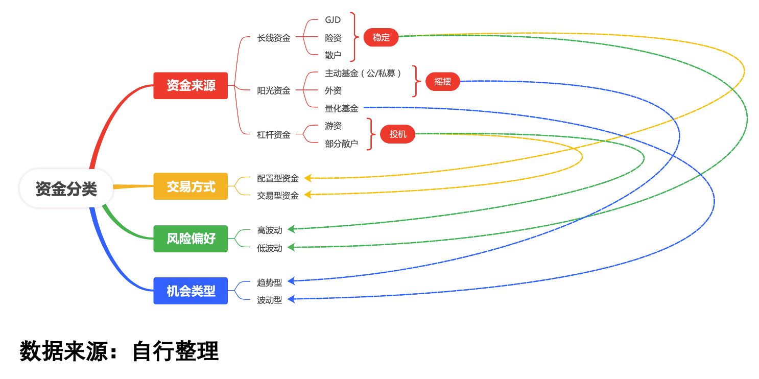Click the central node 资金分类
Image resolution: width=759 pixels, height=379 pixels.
[66, 188]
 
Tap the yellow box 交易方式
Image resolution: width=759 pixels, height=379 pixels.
[191, 186]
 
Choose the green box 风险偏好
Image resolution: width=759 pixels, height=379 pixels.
[191, 239]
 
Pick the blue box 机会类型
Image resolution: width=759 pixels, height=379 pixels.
[191, 291]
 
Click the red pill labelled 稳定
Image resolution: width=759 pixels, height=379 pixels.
[381, 37]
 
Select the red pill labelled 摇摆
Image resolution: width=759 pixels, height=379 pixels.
[442, 81]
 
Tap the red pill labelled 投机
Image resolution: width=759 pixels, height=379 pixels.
[398, 134]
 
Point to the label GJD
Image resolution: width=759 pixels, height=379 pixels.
[333, 20]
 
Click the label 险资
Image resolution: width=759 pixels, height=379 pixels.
[333, 38]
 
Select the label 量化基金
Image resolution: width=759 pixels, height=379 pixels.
[342, 108]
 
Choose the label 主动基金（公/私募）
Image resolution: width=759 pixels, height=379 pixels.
[363, 74]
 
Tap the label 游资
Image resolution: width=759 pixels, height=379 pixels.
[333, 126]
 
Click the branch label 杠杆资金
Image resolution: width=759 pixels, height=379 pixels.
[274, 135]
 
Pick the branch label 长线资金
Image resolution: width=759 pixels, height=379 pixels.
[274, 38]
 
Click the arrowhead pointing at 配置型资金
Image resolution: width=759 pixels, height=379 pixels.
[308, 178]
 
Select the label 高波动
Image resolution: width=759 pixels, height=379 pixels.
[270, 230]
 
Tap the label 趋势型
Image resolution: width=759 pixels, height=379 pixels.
[270, 282]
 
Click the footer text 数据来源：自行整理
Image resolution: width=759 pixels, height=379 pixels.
[120, 351]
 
